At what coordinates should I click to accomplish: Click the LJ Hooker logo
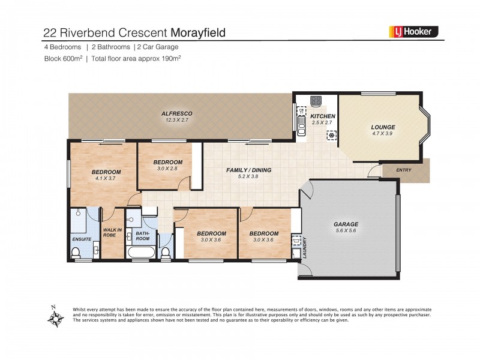point(415,32)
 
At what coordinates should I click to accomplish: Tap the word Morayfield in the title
point(199,32)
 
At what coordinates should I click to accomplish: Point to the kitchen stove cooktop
point(316,101)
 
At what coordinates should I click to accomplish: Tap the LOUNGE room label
point(383,127)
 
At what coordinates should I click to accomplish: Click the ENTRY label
point(404,170)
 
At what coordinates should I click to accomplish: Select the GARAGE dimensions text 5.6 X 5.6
point(346,232)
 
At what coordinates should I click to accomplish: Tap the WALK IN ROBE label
point(112,233)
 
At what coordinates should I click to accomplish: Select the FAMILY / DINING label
point(248,170)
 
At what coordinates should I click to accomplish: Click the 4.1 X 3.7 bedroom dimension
point(105,178)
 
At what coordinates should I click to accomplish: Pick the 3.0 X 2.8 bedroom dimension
point(167,169)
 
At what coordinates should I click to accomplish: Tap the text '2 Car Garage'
point(158,47)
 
